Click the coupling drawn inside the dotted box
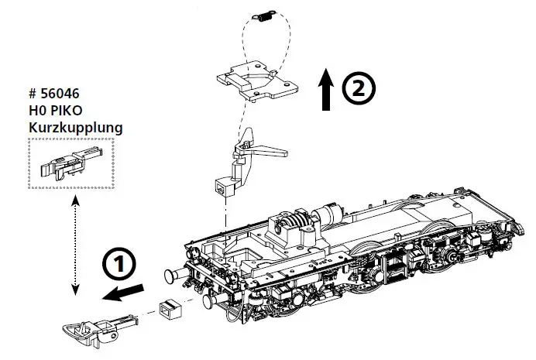click(x=69, y=165)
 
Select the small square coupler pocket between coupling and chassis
click(x=169, y=309)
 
